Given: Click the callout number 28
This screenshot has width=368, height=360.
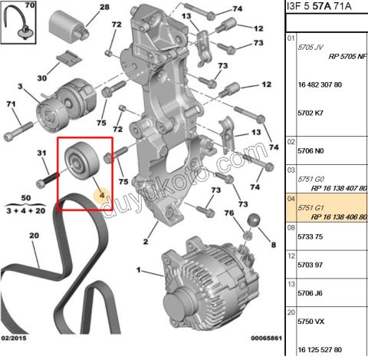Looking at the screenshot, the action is click(104, 7).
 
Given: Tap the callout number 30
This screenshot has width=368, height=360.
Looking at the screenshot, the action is click(42, 78).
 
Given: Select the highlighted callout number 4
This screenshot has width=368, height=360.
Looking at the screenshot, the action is click(102, 195).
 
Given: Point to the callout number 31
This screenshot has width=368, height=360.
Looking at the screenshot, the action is click(41, 153).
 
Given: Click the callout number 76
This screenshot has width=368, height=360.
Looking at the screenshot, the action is click(229, 213).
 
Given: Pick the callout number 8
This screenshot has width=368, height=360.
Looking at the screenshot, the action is click(274, 245).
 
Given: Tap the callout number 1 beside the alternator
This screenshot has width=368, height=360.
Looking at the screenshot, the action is click(139, 270).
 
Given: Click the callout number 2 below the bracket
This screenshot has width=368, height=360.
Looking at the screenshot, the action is click(146, 241).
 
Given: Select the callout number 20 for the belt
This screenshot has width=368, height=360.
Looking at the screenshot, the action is click(34, 236).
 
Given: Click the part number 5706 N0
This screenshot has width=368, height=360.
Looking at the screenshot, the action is click(310, 151).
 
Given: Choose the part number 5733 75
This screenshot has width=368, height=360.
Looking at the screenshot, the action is click(310, 236).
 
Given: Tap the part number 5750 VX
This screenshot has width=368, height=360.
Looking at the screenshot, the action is click(310, 322).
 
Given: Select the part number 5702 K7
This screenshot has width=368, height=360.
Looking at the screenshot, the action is click(310, 113).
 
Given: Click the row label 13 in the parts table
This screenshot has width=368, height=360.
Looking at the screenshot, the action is click(291, 284).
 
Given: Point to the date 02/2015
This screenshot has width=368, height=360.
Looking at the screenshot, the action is click(14, 338).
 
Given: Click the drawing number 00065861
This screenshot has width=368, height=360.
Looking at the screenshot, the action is click(266, 338).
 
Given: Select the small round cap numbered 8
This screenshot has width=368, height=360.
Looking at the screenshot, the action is click(254, 220).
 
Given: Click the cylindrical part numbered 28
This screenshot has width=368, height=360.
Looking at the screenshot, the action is click(69, 26).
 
